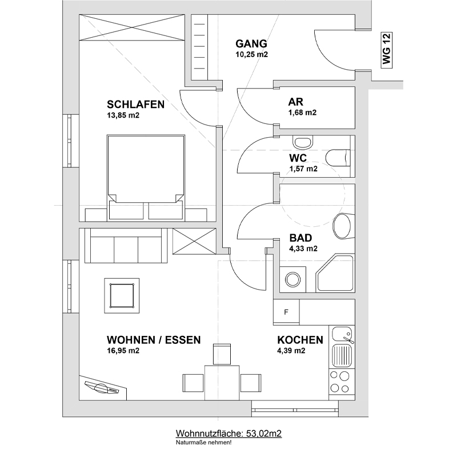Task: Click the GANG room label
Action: click(251, 44)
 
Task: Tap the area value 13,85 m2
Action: click(123, 115)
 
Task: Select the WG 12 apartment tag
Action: click(387, 50)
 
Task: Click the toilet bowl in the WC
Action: click(338, 158)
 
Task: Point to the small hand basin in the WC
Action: click(303, 142)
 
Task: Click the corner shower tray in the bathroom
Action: click(335, 274)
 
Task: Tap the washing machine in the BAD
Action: click(292, 279)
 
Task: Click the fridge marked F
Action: click(286, 312)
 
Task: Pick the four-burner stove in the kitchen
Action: click(342, 383)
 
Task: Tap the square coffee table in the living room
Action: click(122, 295)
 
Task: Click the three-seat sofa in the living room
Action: click(126, 246)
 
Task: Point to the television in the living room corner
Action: click(103, 388)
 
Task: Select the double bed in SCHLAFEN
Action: click(146, 177)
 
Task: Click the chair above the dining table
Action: click(222, 354)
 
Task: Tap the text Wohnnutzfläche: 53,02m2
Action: click(228, 434)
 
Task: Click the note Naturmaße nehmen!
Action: click(203, 443)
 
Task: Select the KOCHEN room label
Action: click(300, 340)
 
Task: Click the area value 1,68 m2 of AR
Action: click(303, 113)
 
